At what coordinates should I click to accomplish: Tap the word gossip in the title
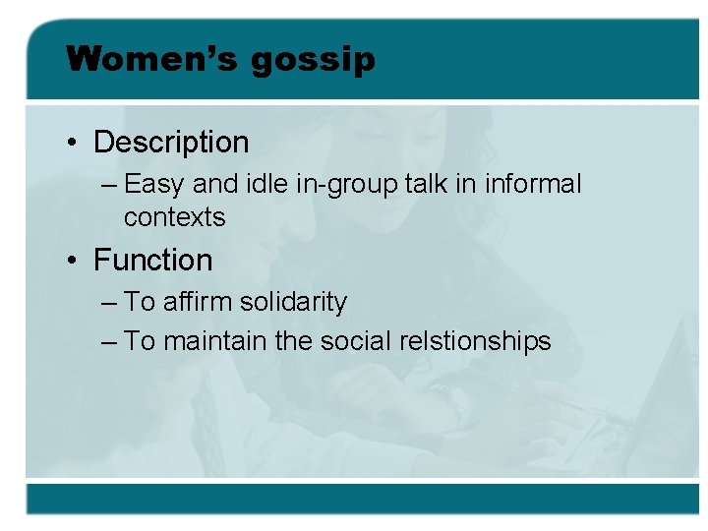[313, 61]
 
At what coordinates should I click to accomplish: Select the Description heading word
[171, 143]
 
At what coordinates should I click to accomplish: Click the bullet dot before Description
[73, 144]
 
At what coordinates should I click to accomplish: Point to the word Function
[152, 261]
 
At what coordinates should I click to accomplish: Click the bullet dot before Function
[73, 262]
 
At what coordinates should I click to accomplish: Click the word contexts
[174, 216]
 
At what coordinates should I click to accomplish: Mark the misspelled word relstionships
[476, 342]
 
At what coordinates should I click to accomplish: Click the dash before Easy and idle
[109, 185]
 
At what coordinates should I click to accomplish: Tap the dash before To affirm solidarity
[109, 303]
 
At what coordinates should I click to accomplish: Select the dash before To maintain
[109, 342]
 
